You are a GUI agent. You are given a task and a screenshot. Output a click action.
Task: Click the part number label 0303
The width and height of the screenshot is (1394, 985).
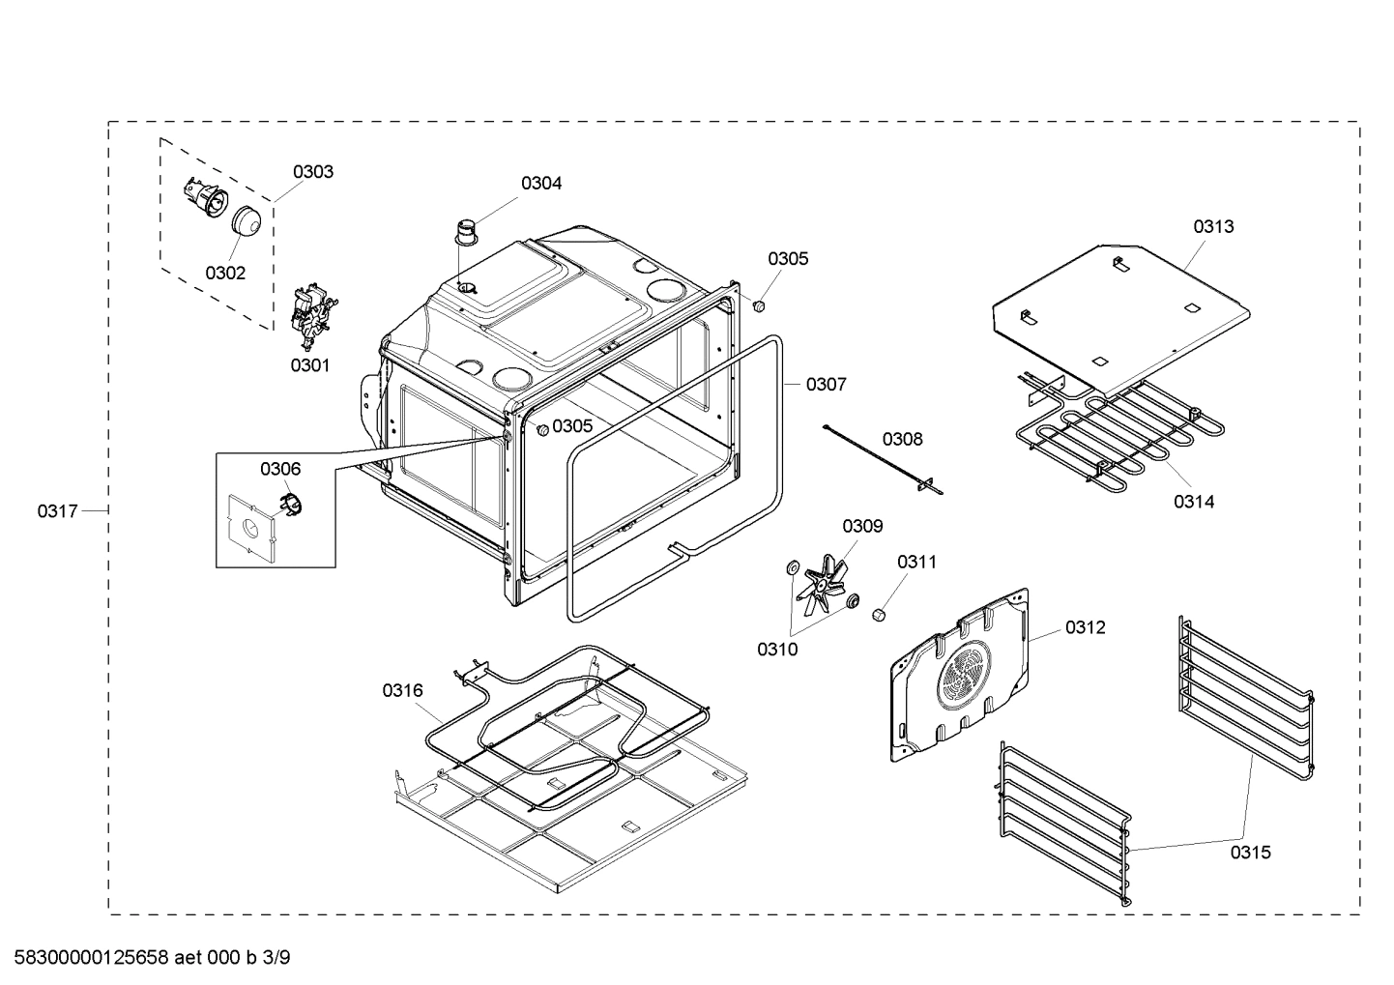[313, 172]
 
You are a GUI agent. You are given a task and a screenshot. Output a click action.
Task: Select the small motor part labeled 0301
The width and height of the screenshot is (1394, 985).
[311, 314]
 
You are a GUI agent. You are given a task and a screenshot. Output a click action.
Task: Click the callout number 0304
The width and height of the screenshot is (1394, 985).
[541, 183]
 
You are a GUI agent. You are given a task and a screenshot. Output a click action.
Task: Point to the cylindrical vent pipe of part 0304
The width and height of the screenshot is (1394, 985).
[468, 234]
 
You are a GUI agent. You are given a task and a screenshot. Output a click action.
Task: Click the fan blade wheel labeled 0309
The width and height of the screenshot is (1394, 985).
[821, 580]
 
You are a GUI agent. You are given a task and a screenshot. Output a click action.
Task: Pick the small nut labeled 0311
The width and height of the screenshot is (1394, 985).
[879, 615]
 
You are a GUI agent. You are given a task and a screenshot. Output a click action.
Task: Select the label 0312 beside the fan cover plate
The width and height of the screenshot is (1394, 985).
[1085, 627]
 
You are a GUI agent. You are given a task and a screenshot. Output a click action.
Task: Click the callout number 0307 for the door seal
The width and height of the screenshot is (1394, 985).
[826, 385]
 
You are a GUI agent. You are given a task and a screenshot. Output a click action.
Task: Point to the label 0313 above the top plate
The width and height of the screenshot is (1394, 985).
[1212, 226]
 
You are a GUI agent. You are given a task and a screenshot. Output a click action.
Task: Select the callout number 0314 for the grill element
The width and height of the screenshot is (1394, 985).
[1194, 501]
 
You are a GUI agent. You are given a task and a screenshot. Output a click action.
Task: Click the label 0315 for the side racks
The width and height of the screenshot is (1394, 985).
[1250, 852]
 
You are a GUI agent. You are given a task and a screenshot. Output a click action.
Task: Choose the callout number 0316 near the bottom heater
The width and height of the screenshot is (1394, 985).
[402, 690]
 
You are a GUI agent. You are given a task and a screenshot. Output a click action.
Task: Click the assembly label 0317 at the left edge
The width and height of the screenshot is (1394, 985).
[58, 510]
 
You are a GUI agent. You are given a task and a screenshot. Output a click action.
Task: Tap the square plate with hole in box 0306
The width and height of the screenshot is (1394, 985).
[248, 529]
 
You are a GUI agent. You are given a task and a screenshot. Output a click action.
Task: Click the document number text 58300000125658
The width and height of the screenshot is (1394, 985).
[86, 958]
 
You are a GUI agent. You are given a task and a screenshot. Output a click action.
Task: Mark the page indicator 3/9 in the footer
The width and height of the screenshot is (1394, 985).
[276, 958]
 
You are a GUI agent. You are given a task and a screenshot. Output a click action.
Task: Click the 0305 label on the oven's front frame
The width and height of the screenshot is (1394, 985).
[573, 426]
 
